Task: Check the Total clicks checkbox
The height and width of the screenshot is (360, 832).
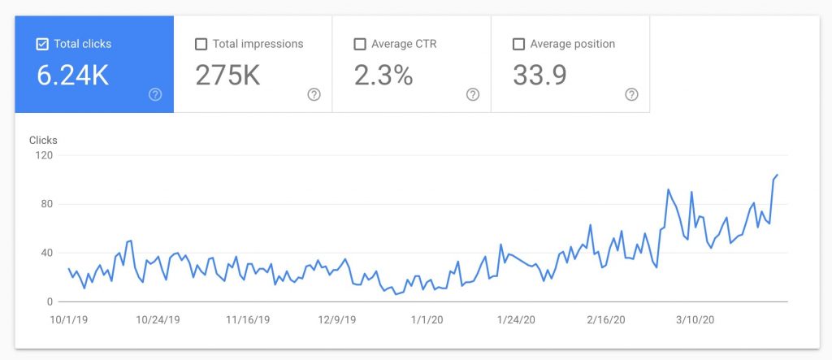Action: [42, 44]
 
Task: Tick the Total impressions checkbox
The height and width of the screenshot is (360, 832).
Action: [201, 44]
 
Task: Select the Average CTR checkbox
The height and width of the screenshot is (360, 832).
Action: [360, 44]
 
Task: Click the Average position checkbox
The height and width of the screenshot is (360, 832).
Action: [518, 44]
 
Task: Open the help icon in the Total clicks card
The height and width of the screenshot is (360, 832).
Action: [155, 94]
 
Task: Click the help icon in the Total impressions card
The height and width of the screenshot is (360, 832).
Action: [314, 94]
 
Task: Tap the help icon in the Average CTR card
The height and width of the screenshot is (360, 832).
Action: [473, 94]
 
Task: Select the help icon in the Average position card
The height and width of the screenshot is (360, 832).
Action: [631, 94]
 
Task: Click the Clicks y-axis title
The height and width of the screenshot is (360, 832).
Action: [43, 141]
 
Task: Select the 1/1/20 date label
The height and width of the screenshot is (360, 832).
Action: [426, 319]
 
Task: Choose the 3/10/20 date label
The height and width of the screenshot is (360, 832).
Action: [696, 319]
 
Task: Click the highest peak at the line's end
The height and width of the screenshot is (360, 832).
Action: [777, 175]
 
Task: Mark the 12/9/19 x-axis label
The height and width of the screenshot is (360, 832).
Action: [336, 319]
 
